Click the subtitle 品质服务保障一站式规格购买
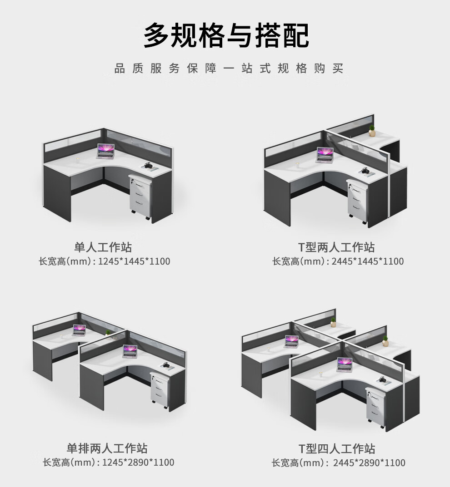[x=229, y=69]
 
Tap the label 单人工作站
[x=103, y=247]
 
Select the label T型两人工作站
[x=336, y=247]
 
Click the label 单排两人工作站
[x=107, y=448]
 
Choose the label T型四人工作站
[x=337, y=449]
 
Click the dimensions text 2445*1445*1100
[x=369, y=261]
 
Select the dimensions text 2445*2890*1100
[x=370, y=463]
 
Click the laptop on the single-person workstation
[x=106, y=151]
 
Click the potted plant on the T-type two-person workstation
[x=372, y=131]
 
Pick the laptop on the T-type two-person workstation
[x=325, y=155]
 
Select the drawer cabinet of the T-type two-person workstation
[x=358, y=202]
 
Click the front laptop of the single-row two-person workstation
[x=130, y=352]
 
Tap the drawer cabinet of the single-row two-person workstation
[x=160, y=389]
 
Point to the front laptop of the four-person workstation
[x=344, y=364]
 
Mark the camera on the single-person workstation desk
[x=149, y=166]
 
